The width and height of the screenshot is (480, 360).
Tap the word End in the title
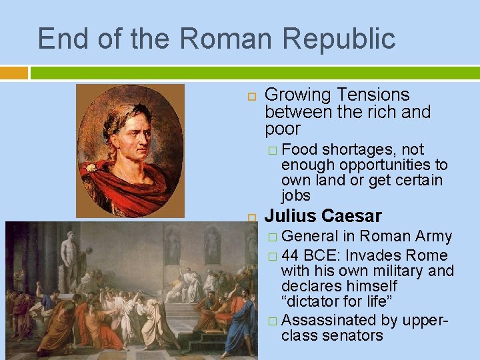pos(60,39)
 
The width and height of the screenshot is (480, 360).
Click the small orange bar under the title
pos(14,72)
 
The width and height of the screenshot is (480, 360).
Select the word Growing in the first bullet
pos(298,95)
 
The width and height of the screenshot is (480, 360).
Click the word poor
pos(283,129)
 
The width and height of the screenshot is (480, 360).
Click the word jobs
pos(296,195)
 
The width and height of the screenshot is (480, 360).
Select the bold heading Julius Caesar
pos(323,216)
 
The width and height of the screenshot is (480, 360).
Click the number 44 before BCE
pos(290,255)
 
